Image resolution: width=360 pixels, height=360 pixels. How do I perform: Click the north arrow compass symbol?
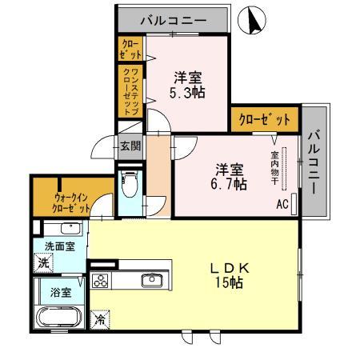(252, 20)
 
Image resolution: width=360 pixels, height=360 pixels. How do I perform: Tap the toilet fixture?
(130, 183)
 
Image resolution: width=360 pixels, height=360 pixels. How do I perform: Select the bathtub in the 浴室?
(58, 317)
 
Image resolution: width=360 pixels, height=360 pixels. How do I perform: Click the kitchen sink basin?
(152, 280)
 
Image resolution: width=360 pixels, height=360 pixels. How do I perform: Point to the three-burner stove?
(101, 281)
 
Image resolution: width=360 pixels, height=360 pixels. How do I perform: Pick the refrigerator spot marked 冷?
(100, 320)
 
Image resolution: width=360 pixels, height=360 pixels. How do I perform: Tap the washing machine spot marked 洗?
(43, 263)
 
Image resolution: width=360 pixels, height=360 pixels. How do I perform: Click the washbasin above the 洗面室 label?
(70, 229)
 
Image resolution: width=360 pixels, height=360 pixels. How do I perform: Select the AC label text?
(282, 205)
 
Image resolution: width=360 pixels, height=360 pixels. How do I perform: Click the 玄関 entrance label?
(130, 146)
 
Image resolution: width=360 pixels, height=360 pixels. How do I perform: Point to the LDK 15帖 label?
(230, 275)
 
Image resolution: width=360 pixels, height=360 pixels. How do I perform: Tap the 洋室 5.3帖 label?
(187, 85)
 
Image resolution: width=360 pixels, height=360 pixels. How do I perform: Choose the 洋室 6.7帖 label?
(229, 176)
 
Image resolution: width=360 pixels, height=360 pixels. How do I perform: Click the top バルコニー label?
(174, 21)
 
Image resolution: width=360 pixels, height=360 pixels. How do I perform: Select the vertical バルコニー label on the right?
(314, 162)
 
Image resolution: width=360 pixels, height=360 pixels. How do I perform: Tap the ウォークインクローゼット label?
(71, 203)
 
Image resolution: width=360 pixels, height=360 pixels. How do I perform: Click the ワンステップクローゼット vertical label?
(130, 91)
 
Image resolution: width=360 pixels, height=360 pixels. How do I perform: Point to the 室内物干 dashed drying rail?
(284, 169)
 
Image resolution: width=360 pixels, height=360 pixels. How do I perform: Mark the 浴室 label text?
(61, 293)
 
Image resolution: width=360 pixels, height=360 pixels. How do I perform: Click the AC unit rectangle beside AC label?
(294, 204)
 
